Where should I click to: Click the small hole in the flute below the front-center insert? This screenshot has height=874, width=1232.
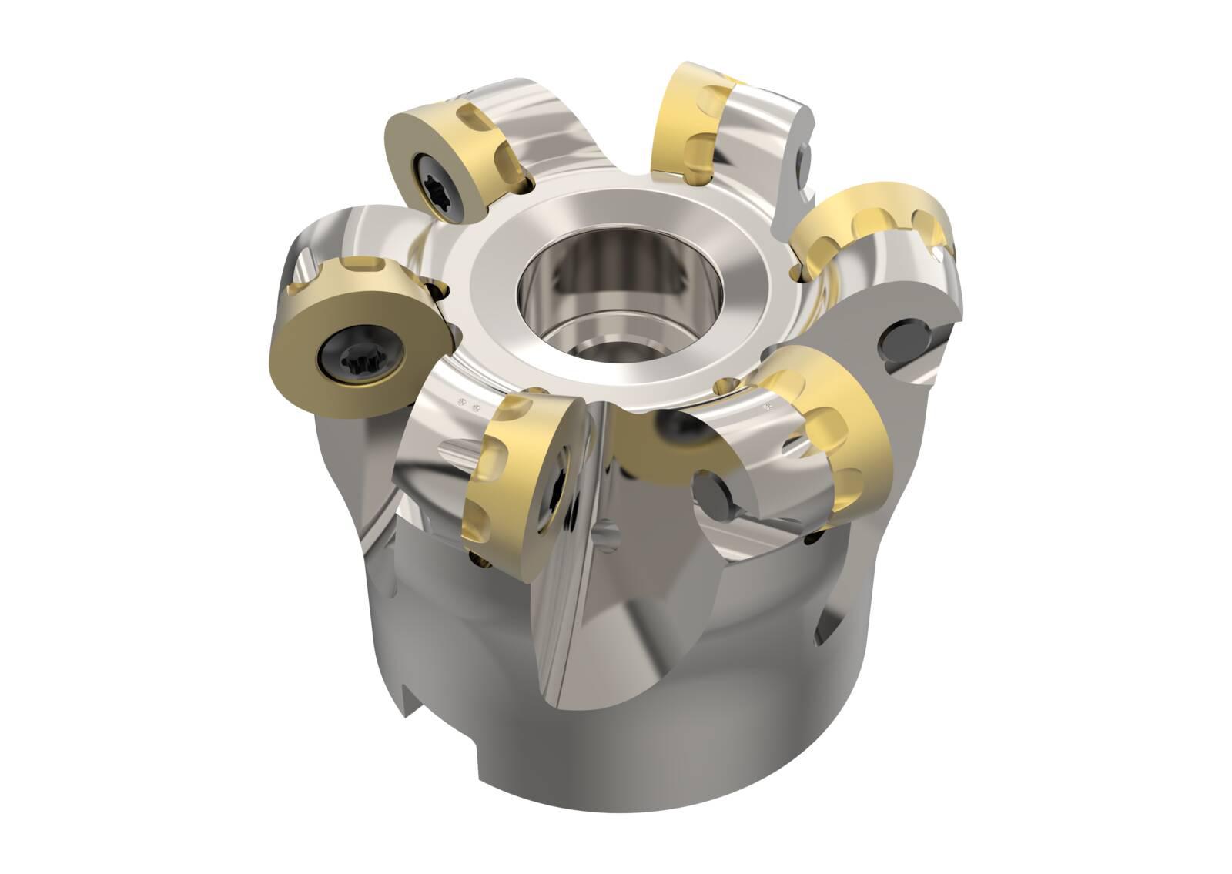tap(608, 533)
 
